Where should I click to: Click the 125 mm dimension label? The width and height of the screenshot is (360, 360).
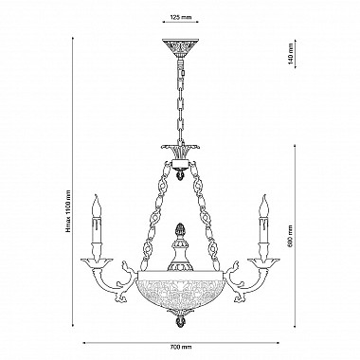[181, 18]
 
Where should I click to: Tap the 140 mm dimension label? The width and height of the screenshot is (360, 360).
[291, 54]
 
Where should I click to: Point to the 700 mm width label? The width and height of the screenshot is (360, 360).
[181, 347]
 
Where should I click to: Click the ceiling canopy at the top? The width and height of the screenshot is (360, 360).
[180, 47]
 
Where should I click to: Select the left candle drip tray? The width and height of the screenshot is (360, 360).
[97, 262]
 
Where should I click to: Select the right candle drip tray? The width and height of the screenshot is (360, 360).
[263, 262]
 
